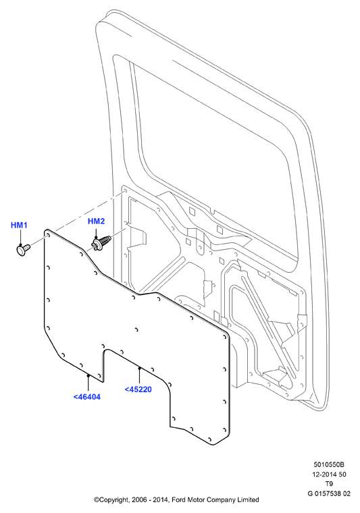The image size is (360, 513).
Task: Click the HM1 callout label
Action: [x=19, y=225]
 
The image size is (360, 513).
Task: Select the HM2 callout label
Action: [x=96, y=221]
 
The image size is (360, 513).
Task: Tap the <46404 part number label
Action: [x=86, y=397]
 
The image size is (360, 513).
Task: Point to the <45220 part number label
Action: [x=138, y=389]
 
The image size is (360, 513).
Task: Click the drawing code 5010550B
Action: [x=329, y=464]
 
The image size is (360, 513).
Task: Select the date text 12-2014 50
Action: [x=329, y=475]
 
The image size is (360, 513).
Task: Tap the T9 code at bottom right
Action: [x=329, y=484]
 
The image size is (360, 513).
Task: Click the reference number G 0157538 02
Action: [x=329, y=493]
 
